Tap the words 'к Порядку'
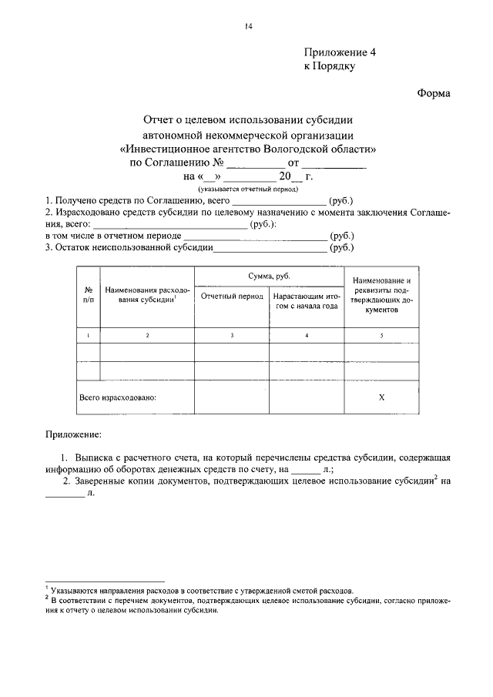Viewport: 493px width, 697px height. pyautogui.click(x=330, y=67)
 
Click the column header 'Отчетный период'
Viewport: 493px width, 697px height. pyautogui.click(x=232, y=297)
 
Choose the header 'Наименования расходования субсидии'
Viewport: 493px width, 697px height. pyautogui.click(x=147, y=297)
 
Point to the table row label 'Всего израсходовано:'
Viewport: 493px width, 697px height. pyautogui.click(x=118, y=398)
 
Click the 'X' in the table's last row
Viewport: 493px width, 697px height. pyautogui.click(x=382, y=397)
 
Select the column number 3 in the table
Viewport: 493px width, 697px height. pyautogui.click(x=232, y=334)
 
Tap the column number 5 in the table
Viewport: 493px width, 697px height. pyautogui.click(x=382, y=334)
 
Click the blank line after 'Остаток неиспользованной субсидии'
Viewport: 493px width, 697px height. pyautogui.click(x=270, y=249)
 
